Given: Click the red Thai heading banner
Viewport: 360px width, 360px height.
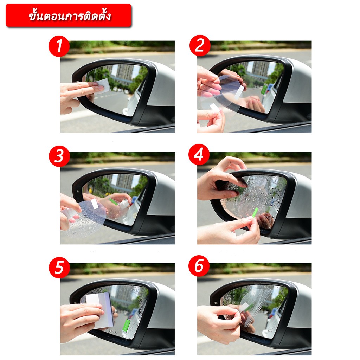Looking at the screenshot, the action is [69, 15].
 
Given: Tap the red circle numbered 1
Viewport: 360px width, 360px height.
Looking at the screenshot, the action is [59, 46].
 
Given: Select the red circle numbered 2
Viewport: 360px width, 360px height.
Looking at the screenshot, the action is [200, 45].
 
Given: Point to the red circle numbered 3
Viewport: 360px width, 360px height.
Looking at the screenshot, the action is [59, 156].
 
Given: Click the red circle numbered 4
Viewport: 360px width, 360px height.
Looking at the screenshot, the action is [199, 155].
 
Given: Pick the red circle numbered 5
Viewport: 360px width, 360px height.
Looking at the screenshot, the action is [59, 268].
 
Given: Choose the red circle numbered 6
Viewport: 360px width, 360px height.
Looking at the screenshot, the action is [199, 266].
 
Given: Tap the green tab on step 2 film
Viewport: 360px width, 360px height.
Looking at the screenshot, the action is [264, 89].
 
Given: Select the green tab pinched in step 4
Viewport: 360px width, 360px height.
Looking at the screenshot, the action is [255, 213].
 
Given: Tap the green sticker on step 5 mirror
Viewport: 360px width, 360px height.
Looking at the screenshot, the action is [126, 326].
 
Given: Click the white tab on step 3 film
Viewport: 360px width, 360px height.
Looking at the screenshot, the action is [95, 204].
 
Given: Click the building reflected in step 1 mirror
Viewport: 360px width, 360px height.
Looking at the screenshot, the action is [125, 72].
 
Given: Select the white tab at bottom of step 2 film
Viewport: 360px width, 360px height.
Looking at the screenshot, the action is [215, 108].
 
